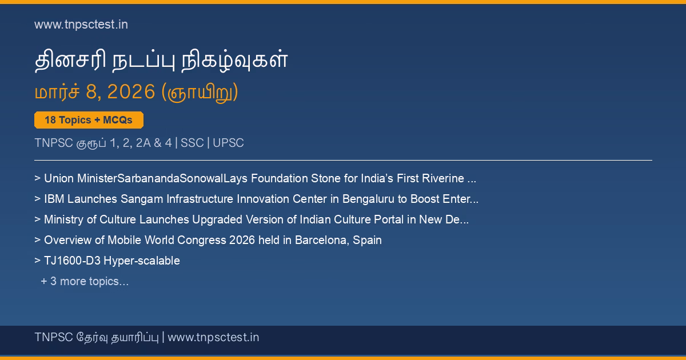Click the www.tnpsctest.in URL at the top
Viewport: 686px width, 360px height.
pos(81,25)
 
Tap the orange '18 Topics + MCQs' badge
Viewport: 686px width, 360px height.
pos(89,120)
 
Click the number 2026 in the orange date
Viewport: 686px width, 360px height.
pos(131,91)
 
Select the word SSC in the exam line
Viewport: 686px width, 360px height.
pos(192,143)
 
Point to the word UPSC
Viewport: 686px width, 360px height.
pos(228,143)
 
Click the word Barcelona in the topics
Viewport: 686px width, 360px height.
pos(321,241)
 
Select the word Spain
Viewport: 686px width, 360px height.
pos(367,241)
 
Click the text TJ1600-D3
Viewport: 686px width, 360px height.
pos(72,261)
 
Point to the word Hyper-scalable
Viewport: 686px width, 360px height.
pos(142,261)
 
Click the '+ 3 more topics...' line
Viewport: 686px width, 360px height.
pos(85,281)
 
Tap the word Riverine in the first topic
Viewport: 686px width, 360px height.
pos(443,178)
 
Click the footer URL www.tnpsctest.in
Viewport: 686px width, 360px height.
pos(213,337)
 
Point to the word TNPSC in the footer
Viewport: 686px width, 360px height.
pos(54,337)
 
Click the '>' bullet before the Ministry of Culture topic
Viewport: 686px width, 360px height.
pos(37,219)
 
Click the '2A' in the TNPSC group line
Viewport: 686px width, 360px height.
pos(143,143)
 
